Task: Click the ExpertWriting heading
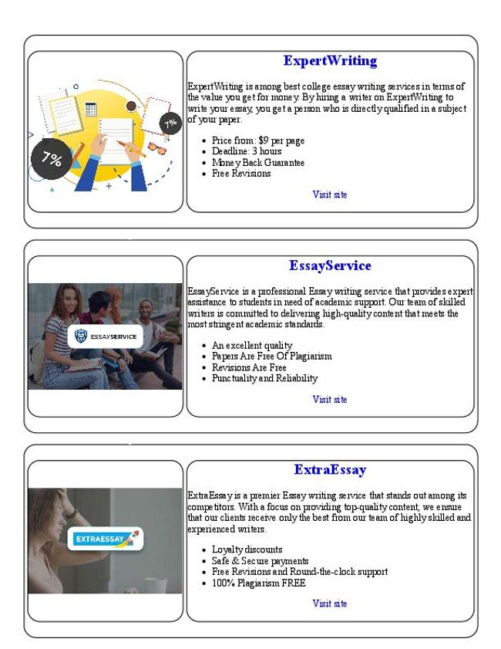(330, 61)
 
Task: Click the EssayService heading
(330, 265)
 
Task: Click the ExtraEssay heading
(330, 470)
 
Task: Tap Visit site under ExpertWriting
(330, 194)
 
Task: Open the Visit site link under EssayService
(330, 399)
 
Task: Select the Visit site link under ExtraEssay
(330, 603)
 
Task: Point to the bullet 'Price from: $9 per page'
(257, 141)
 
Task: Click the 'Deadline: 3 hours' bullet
(247, 152)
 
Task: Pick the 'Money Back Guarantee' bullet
(257, 163)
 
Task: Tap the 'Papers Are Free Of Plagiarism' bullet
(271, 357)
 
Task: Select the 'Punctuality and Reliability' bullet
(264, 378)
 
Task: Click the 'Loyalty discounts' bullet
(247, 550)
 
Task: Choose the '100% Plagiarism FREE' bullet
(258, 583)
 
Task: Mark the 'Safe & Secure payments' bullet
(260, 561)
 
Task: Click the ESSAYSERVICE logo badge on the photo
(105, 336)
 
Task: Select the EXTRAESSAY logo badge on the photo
(105, 538)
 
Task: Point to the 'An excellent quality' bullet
(252, 346)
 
